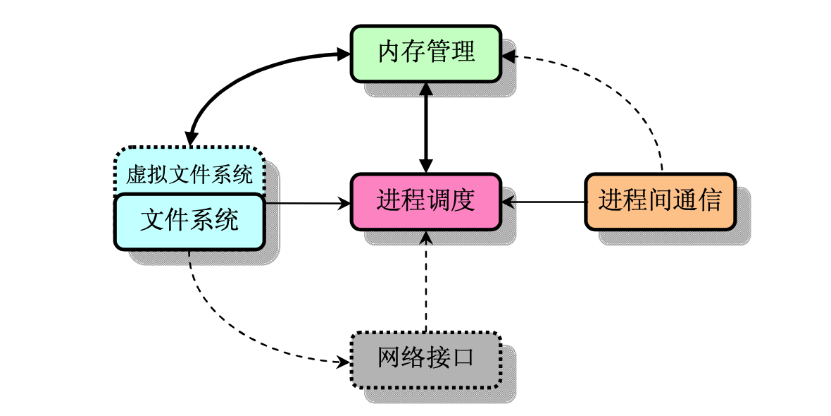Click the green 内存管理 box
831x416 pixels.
click(425, 54)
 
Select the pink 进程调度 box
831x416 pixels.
click(425, 202)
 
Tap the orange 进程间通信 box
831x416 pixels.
click(661, 202)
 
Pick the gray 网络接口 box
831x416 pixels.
click(425, 360)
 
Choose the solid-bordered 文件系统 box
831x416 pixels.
click(189, 222)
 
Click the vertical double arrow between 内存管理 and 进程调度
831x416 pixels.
click(425, 128)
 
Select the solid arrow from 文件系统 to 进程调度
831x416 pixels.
click(307, 202)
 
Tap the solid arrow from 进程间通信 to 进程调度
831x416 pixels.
click(543, 202)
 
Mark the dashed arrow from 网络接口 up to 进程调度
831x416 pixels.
click(425, 281)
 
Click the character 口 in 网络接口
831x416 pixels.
click(463, 359)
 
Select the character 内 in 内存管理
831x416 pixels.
click(389, 53)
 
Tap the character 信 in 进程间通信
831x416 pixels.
click(710, 202)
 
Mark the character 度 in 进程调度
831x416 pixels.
click(463, 202)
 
